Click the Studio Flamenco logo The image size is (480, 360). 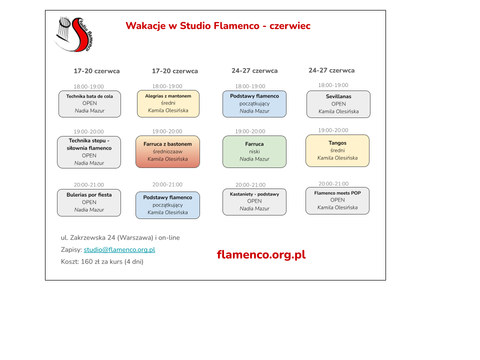coord(73,34)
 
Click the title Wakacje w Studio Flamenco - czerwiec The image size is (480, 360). coord(218,25)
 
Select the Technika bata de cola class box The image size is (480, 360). coord(89,104)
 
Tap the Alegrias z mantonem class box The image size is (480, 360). coord(168,103)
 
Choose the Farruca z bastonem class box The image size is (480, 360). coord(168,151)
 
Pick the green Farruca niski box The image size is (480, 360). coord(254,151)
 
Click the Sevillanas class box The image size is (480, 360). coord(338,104)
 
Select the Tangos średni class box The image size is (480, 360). coord(337,150)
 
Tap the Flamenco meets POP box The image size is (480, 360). coord(337,200)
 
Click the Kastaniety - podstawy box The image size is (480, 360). coord(254,201)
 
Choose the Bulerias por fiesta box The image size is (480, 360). coord(89,202)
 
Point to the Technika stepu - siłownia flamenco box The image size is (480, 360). coord(89,152)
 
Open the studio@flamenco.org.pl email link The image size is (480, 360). coord(119,250)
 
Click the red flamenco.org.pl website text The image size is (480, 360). coord(261,254)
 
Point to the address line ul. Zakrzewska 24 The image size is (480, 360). coord(120,237)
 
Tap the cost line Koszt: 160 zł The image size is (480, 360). coord(102,261)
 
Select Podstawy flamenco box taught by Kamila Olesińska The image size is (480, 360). coord(168,205)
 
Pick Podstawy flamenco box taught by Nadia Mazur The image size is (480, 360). coord(254,104)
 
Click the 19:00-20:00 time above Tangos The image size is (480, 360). coord(333,130)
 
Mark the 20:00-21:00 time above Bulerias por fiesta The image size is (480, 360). coord(89,185)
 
